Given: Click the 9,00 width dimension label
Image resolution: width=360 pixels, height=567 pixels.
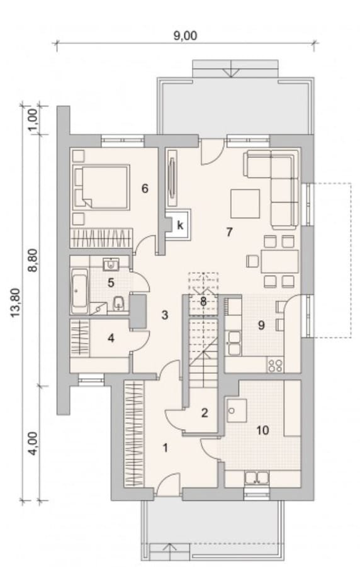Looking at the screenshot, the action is [x=185, y=36].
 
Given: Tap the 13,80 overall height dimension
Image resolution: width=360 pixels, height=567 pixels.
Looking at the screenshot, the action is [x=16, y=303].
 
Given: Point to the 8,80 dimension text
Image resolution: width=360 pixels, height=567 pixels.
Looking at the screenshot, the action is [x=33, y=261].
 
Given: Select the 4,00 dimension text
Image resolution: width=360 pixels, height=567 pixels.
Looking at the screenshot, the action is [x=33, y=444].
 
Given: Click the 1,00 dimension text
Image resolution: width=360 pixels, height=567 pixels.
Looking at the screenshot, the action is [x=33, y=120].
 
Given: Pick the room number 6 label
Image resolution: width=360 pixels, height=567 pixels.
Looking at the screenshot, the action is [x=145, y=188].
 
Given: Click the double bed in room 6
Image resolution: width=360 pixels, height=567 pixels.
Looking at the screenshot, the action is [x=101, y=188].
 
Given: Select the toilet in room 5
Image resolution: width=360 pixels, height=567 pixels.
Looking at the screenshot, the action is [x=119, y=303].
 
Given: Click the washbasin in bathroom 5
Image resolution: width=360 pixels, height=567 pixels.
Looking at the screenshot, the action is [x=111, y=264].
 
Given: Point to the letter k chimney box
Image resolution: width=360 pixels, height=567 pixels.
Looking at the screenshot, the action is [x=180, y=226].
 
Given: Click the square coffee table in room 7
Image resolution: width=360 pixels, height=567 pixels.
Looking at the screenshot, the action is [x=245, y=204].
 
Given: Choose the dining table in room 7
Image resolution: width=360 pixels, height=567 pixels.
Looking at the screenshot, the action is [x=279, y=261].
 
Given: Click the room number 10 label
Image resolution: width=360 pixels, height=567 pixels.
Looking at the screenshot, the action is [x=262, y=430].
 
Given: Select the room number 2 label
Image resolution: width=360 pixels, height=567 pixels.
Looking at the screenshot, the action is [x=205, y=413].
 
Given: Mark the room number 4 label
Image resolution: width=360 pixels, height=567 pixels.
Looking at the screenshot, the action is [x=111, y=338].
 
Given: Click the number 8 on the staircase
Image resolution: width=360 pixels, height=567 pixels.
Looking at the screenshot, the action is [x=203, y=301].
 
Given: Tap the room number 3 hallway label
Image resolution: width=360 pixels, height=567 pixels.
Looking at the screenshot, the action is [x=165, y=315].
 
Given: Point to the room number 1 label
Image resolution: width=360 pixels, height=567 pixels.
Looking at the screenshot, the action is [x=166, y=448].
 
